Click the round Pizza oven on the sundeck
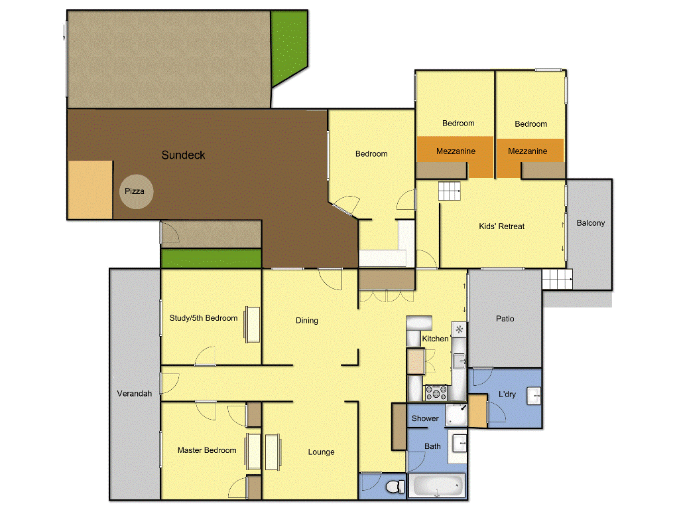(136, 191)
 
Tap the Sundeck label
(183, 155)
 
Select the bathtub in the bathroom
(436, 486)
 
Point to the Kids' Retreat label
(501, 226)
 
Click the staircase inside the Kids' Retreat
(450, 192)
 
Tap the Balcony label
(590, 223)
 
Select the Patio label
(505, 319)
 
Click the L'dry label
(507, 394)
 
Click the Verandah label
(135, 393)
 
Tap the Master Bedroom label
(206, 450)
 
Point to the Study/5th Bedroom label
(203, 318)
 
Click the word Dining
(306, 321)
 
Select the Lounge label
(321, 452)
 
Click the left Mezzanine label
(456, 151)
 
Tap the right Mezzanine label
(527, 151)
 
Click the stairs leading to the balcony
(556, 280)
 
